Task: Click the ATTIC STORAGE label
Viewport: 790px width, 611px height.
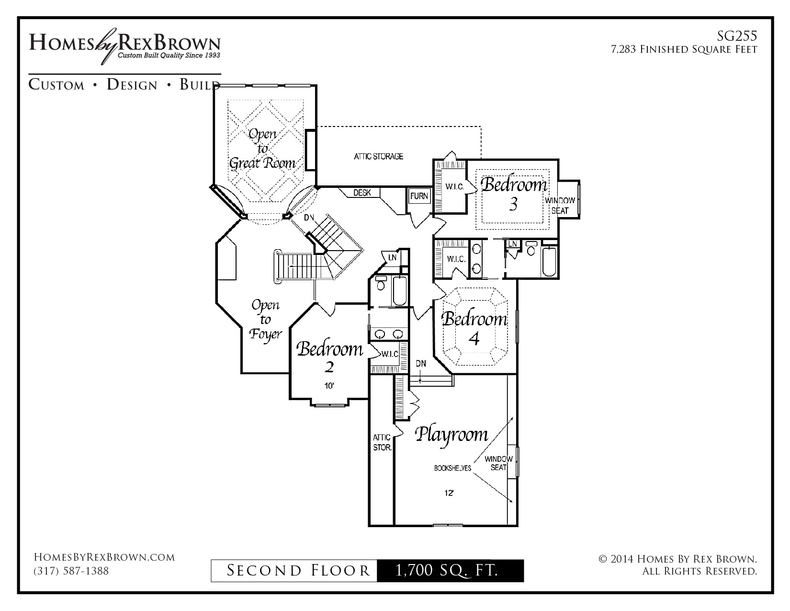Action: point(378,157)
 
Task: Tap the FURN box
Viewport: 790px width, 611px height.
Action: point(419,196)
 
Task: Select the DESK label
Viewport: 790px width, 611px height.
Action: point(362,193)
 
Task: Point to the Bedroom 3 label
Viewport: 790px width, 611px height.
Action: point(514,194)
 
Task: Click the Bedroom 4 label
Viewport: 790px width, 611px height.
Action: point(474,328)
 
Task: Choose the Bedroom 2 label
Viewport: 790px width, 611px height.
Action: point(329,357)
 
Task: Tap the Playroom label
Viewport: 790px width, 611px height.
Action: point(451,435)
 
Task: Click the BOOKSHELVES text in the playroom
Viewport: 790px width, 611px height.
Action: point(452,468)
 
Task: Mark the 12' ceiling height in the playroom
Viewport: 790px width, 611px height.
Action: point(449,493)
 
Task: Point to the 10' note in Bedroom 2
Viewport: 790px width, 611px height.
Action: point(329,386)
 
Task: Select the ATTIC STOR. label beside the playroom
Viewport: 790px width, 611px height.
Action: point(382,442)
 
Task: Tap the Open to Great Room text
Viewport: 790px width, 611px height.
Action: point(262,149)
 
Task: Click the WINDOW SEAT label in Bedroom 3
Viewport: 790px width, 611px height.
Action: point(560,206)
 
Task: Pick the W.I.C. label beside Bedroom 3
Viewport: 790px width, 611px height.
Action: point(454,187)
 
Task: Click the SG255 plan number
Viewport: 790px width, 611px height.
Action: point(737,36)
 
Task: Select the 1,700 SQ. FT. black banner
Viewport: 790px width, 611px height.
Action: point(451,571)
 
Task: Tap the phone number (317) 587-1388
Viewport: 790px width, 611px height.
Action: point(71,571)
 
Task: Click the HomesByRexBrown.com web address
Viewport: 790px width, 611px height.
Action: point(104,557)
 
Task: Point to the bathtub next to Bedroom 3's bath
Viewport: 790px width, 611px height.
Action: point(549,262)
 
